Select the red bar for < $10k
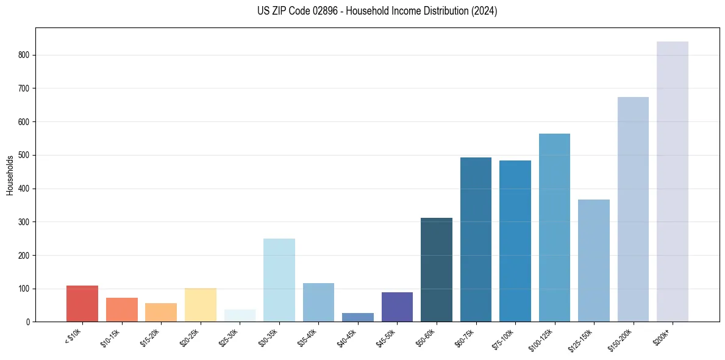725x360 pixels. (x=82, y=303)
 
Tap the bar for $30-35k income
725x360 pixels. (x=279, y=280)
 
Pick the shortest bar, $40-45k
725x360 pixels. (x=357, y=317)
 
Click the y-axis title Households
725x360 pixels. (x=10, y=175)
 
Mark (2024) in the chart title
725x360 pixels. (x=484, y=11)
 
